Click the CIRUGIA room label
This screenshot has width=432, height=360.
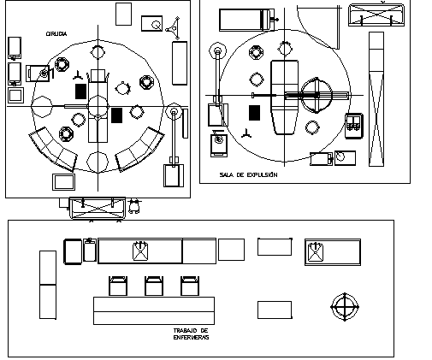coord(57,34)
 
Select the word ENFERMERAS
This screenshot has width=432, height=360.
coord(190,338)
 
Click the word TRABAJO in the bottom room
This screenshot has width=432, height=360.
coord(190,330)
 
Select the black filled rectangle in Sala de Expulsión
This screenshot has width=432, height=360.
coord(254,112)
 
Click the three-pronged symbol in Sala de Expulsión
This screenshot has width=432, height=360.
coord(246,134)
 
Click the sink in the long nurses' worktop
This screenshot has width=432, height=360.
coord(138,251)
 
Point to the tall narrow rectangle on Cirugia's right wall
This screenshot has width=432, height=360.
coord(180,63)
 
